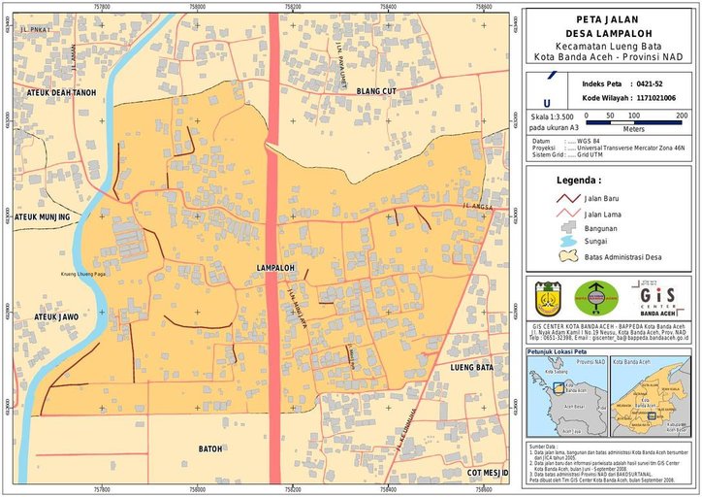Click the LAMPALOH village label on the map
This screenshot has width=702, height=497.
275,267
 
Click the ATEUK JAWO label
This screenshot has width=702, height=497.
56,316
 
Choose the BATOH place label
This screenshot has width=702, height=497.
210,448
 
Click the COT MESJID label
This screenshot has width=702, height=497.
488,473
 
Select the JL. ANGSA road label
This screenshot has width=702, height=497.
478,207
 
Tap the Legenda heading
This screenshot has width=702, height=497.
578,180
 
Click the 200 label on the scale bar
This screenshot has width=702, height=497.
682,116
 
